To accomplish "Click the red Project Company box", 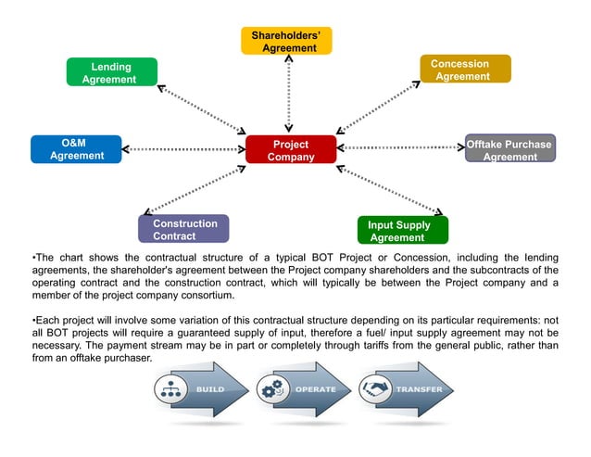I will click(290, 150).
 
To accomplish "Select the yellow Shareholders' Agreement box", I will click(285, 41).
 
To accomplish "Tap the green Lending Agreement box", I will click(111, 72).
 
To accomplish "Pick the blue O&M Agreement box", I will click(76, 149).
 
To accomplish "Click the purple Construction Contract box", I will click(183, 229).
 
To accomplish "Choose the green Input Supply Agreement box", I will click(402, 230).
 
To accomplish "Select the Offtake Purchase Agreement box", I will click(509, 149).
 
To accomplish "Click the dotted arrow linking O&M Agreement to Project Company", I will click(183, 149).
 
